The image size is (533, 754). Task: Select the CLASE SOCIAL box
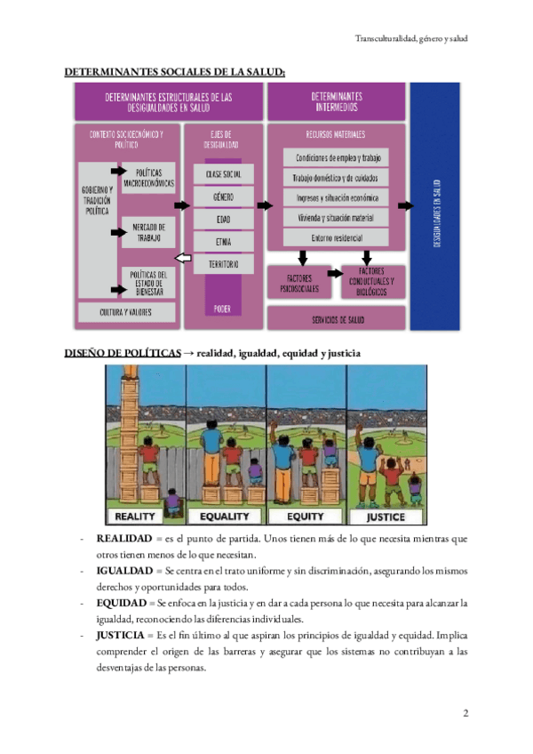pyautogui.click(x=223, y=173)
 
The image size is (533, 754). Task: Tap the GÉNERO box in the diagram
pyautogui.click(x=223, y=196)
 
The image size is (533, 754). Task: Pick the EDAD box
pyautogui.click(x=223, y=218)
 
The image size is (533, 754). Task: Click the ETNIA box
pyautogui.click(x=223, y=241)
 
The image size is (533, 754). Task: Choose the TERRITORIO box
pyautogui.click(x=223, y=264)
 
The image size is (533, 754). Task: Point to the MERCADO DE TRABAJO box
pyautogui.click(x=147, y=231)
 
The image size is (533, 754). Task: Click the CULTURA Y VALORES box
pyautogui.click(x=126, y=312)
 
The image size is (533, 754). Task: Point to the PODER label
pyautogui.click(x=222, y=309)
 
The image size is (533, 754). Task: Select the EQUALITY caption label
pyautogui.click(x=225, y=517)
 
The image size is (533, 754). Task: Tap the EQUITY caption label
pyautogui.click(x=306, y=517)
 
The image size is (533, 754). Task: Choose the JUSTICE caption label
pyautogui.click(x=385, y=517)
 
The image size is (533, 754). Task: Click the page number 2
pyautogui.click(x=465, y=713)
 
